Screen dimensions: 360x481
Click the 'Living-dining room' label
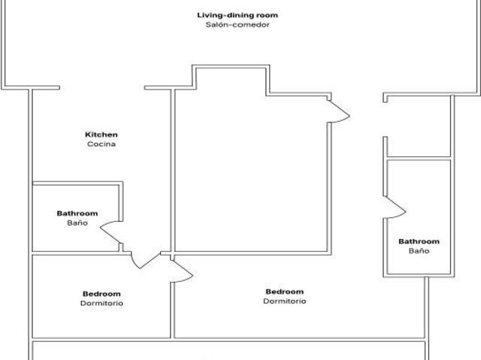[x=237, y=15]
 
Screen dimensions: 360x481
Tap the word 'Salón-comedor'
[x=237, y=25]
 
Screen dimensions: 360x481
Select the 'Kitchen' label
[x=101, y=135]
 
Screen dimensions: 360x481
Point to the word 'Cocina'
[x=101, y=144]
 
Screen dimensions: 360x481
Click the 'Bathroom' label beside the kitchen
[x=77, y=213]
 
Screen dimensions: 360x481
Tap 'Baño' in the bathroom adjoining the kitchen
[x=77, y=223]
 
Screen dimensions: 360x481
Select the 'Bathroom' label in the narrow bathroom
[x=419, y=241]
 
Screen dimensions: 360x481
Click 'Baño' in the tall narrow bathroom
[x=419, y=251]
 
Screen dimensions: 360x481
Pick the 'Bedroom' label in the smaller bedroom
[x=101, y=294]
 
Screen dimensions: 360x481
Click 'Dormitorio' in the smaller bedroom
[x=101, y=304]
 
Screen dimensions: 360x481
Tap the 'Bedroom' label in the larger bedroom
[x=284, y=292]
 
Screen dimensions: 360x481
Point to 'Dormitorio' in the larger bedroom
[x=284, y=301]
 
